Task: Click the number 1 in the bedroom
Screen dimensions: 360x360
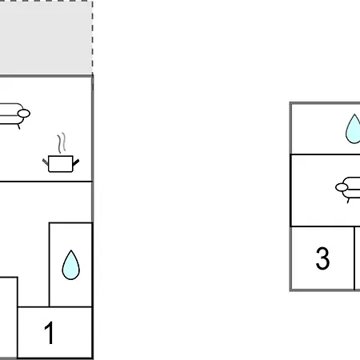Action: pyautogui.click(x=50, y=333)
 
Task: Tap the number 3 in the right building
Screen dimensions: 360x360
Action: pyautogui.click(x=322, y=258)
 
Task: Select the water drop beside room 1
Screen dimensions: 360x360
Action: pyautogui.click(x=70, y=265)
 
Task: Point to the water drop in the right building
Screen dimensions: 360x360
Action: pyautogui.click(x=353, y=129)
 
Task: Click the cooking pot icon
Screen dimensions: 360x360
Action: pyautogui.click(x=61, y=163)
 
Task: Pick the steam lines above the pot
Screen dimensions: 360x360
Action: pyautogui.click(x=62, y=142)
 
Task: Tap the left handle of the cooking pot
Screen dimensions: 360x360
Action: pyautogui.click(x=46, y=162)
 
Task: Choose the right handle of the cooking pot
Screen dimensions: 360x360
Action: pyautogui.click(x=76, y=162)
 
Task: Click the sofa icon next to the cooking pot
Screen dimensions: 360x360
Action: pyautogui.click(x=14, y=115)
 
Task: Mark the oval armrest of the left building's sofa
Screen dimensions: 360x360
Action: pyautogui.click(x=24, y=114)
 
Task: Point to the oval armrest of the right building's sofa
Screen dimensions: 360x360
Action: pyautogui.click(x=342, y=187)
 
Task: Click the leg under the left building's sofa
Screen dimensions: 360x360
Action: pyautogui.click(x=18, y=126)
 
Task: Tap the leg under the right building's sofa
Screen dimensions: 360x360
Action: pyautogui.click(x=348, y=200)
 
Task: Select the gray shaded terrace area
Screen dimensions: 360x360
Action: pyautogui.click(x=46, y=38)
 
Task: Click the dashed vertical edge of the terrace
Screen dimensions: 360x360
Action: pyautogui.click(x=93, y=38)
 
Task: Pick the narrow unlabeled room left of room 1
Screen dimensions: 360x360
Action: pyautogui.click(x=9, y=318)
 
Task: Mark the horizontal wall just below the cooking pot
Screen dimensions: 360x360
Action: pyautogui.click(x=46, y=182)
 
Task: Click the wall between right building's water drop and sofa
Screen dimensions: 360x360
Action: pyautogui.click(x=326, y=154)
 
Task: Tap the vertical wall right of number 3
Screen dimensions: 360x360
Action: pyautogui.click(x=354, y=258)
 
